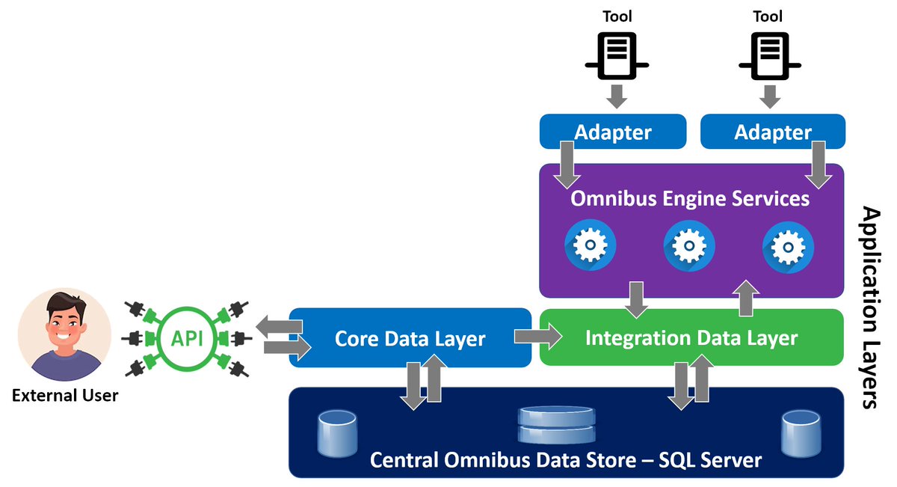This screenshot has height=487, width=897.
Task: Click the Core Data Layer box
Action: point(410,338)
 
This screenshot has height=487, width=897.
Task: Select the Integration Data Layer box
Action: point(691,338)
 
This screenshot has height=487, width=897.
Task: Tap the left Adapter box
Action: point(612,132)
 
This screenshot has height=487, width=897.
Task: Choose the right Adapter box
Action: point(773,132)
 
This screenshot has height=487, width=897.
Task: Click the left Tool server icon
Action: point(616,55)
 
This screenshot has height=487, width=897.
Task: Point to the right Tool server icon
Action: point(768,55)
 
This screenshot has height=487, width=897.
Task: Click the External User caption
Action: point(65,394)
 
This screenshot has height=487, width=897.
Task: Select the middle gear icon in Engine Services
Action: point(688,245)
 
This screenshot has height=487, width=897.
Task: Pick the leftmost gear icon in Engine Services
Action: point(591,245)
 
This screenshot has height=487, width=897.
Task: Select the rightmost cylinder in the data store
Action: point(801,435)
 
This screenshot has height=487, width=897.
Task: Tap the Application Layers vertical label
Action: point(870,307)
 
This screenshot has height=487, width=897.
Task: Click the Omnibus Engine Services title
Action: point(690,199)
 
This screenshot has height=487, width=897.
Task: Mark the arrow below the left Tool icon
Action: point(617,96)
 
